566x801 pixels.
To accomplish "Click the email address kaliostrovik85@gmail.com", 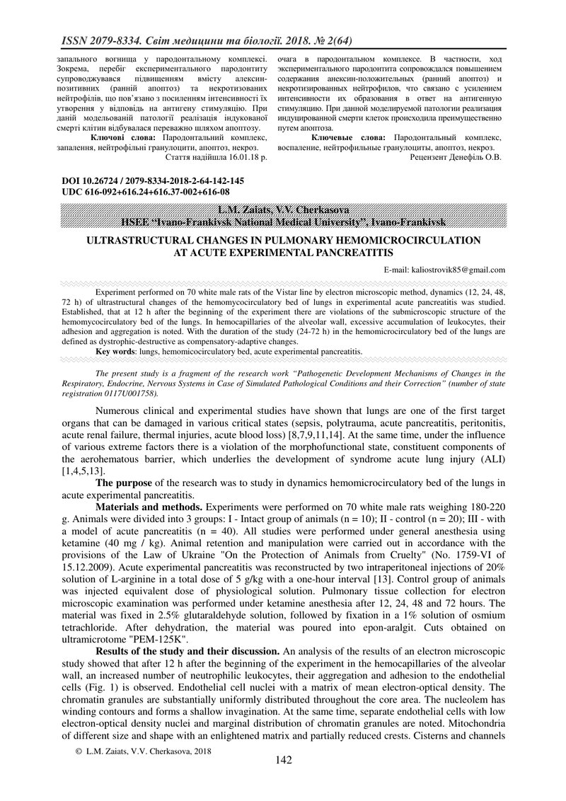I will (444, 270).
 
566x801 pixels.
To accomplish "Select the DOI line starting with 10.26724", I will (153, 181).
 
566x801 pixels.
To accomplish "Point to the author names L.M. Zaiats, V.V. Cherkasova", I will (283, 209).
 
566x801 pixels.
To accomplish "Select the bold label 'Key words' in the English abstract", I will (115, 350).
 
